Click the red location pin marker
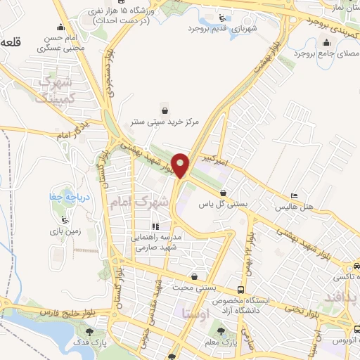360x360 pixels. [181, 165]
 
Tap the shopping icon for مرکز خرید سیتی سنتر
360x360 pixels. [165, 110]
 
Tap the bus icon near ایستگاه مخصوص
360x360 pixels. [241, 290]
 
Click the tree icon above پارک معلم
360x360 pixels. [222, 330]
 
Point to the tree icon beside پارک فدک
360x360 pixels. [89, 332]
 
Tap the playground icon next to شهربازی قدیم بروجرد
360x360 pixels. [223, 18]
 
